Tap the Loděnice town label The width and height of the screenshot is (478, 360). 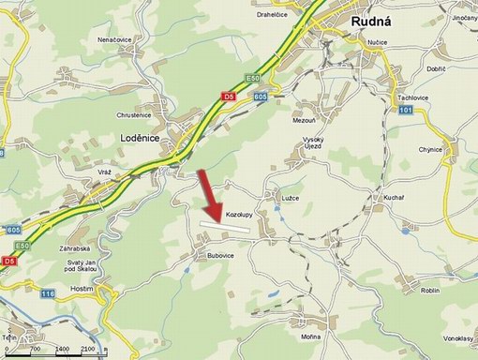pos(141,137)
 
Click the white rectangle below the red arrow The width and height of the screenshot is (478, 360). pos(231,225)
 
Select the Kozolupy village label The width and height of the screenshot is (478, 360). pos(242,215)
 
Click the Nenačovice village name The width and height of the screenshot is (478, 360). pos(114,40)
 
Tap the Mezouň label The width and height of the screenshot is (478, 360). pos(306,122)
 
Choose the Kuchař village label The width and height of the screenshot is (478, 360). pos(393,197)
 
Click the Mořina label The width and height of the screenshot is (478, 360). pos(311,336)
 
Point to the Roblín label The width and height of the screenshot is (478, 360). pos(430,291)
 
